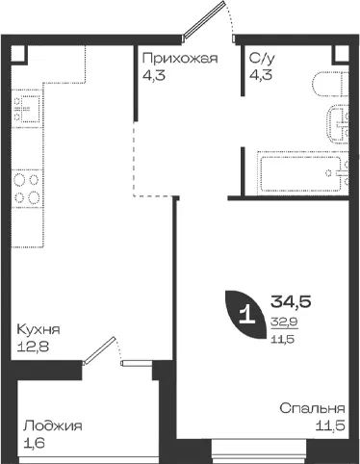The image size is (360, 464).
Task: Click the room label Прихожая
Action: tap(180, 58)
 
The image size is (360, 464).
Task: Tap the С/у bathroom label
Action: tap(262, 58)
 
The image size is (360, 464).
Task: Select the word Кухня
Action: tap(39, 329)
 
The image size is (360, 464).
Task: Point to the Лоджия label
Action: tap(53, 425)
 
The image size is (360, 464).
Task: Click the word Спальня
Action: tap(312, 408)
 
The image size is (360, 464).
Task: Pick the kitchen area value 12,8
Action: tap(33, 347)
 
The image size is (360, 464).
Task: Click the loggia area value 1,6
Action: tap(34, 443)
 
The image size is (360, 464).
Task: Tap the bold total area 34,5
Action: tap(291, 301)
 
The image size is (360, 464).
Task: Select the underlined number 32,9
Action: tap(285, 322)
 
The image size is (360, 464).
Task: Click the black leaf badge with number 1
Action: tap(246, 315)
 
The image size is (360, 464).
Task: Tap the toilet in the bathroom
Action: tap(330, 84)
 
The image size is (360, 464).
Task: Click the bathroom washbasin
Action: tap(338, 124)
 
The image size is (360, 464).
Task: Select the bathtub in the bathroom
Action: tap(302, 173)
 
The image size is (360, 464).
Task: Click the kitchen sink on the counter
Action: tap(27, 110)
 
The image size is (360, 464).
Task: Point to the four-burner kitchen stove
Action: tap(27, 188)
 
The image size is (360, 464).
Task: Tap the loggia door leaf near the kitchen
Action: tap(99, 350)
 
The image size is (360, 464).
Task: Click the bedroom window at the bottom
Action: tap(259, 451)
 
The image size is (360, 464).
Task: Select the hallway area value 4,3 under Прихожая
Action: tap(154, 75)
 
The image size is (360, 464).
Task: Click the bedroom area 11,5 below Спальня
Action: tap(330, 425)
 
